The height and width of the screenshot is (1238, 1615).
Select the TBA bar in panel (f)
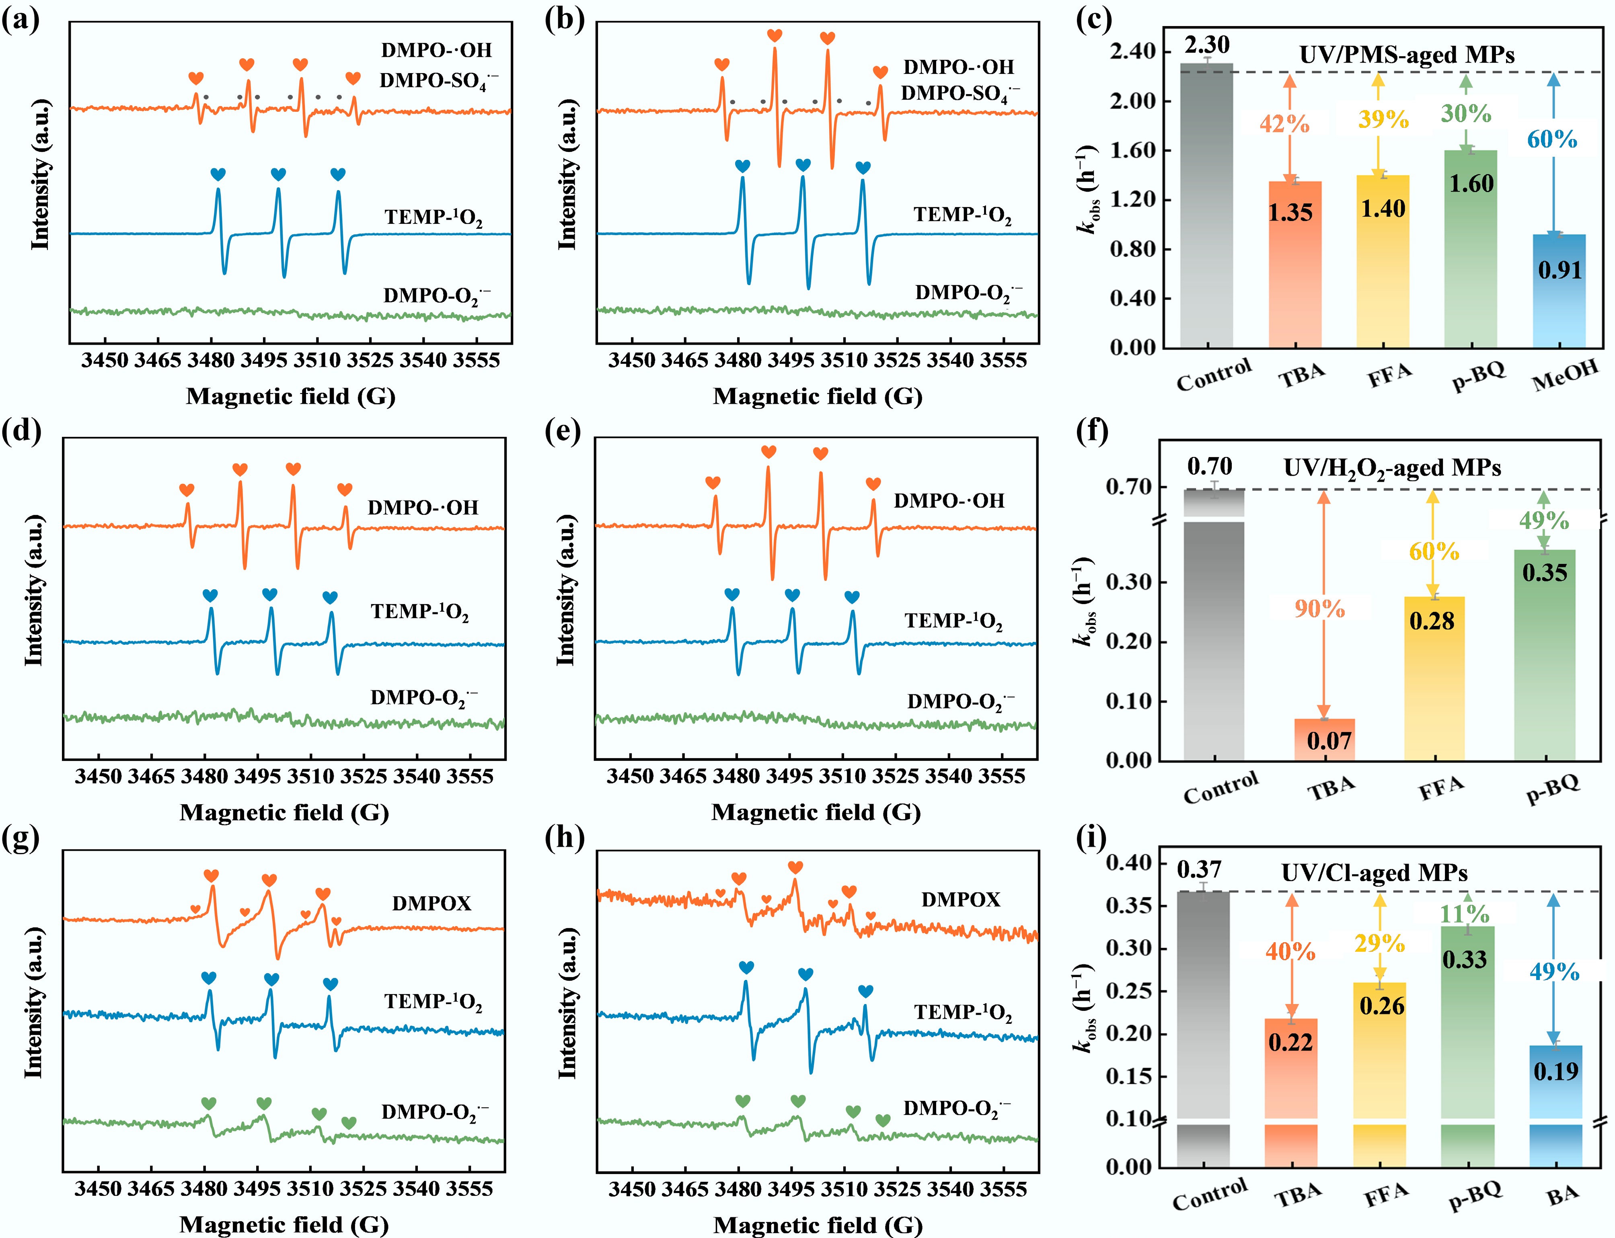coord(1325,739)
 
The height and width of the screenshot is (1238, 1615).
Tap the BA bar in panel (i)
coord(1556,1105)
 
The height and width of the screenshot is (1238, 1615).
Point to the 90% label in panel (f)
coord(1319,609)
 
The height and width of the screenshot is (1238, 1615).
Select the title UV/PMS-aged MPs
coord(1406,55)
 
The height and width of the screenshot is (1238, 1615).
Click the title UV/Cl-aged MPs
coord(1375,873)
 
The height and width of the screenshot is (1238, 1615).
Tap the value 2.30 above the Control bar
coord(1207,45)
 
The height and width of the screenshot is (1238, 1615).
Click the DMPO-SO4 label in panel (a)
coord(439,81)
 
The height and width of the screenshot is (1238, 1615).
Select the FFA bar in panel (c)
coord(1383,262)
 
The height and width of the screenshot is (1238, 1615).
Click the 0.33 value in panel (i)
coord(1465,959)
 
